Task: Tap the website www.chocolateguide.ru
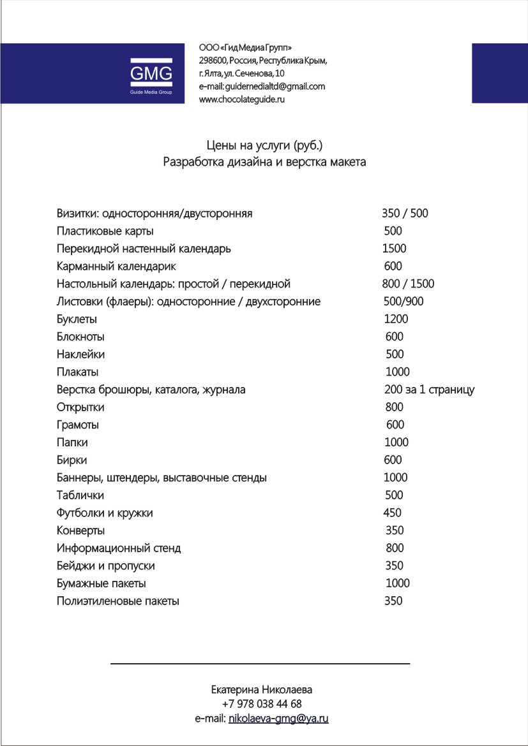(x=242, y=99)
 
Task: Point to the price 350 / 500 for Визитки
(x=405, y=214)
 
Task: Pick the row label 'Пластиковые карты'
(x=105, y=231)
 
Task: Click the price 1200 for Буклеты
(x=396, y=319)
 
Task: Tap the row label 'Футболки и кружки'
(x=105, y=513)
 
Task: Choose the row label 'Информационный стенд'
(x=119, y=548)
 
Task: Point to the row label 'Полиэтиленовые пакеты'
(x=118, y=601)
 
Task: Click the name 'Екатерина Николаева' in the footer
(x=262, y=690)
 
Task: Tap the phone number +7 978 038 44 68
(x=262, y=705)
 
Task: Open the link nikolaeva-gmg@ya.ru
(x=278, y=719)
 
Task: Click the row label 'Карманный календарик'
(x=116, y=266)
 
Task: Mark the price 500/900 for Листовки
(x=403, y=302)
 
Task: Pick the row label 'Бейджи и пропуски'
(x=106, y=566)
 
